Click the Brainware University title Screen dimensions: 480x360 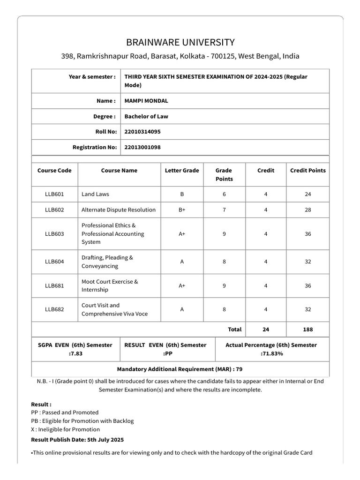click(x=180, y=42)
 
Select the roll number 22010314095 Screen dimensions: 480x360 click(x=142, y=132)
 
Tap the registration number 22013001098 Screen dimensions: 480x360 click(x=142, y=147)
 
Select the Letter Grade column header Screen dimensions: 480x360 click(x=182, y=171)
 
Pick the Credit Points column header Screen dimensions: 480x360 click(x=307, y=171)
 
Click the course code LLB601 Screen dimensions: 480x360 click(x=54, y=194)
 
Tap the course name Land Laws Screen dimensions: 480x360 click(x=95, y=194)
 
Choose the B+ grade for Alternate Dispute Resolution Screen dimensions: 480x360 click(x=182, y=210)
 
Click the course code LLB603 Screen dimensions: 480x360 click(x=54, y=234)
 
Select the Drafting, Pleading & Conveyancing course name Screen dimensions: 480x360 click(x=107, y=262)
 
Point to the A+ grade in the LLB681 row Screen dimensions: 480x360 click(x=182, y=285)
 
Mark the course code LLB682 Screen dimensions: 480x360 click(x=54, y=309)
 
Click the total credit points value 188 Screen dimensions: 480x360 click(x=307, y=330)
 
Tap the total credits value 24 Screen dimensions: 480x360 click(x=266, y=330)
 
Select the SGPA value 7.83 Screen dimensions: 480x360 click(x=75, y=353)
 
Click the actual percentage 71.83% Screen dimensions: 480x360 click(x=271, y=353)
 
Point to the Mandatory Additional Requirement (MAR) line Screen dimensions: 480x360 click(x=180, y=369)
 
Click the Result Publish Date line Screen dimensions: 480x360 click(x=77, y=440)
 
